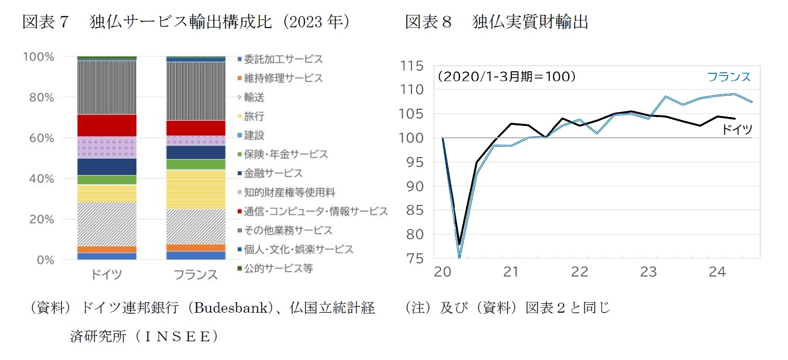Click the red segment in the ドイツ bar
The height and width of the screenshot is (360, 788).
click(106, 125)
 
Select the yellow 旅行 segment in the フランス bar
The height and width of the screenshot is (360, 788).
click(196, 189)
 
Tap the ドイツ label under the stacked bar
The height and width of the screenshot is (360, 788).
click(106, 274)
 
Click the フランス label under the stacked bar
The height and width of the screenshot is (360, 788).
click(196, 274)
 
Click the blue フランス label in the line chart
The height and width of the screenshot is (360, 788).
click(729, 76)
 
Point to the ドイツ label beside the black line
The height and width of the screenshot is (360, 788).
click(737, 130)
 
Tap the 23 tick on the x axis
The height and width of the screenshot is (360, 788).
click(648, 272)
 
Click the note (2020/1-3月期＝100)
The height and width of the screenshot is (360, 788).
click(506, 76)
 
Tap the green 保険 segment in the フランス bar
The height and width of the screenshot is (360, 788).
click(196, 164)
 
